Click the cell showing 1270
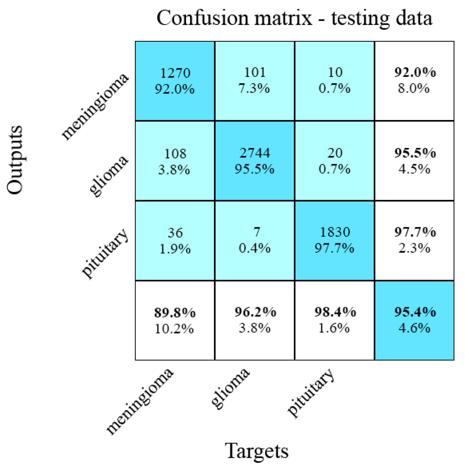175,81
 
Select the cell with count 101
254,81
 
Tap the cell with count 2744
254,161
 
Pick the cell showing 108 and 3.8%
175,161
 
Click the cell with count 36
175,240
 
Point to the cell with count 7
254,240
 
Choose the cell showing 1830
335,240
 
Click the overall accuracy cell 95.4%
414,320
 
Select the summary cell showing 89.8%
175,320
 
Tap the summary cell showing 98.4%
335,320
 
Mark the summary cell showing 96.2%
254,320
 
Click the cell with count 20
335,161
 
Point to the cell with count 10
335,81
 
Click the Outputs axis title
15,160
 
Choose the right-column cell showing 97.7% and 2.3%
414,240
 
